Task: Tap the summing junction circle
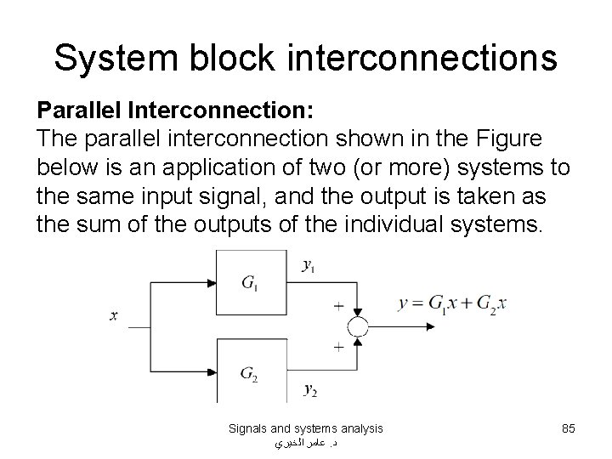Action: pyautogui.click(x=358, y=326)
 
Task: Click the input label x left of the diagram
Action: pyautogui.click(x=113, y=315)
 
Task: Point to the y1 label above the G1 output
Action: pyautogui.click(x=310, y=264)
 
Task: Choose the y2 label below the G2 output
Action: pyautogui.click(x=311, y=390)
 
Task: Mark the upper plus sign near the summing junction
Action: pyautogui.click(x=339, y=303)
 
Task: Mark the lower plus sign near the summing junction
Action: pyautogui.click(x=339, y=348)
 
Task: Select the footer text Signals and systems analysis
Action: pyautogui.click(x=306, y=428)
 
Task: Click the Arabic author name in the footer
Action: pyautogui.click(x=306, y=443)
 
